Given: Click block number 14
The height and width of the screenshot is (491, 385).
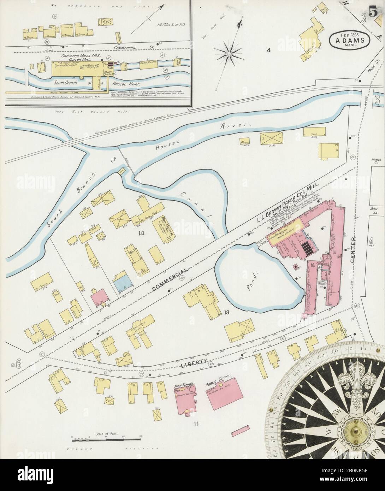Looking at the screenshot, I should click(142, 233).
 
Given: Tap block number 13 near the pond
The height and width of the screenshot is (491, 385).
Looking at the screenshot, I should click(226, 312).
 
